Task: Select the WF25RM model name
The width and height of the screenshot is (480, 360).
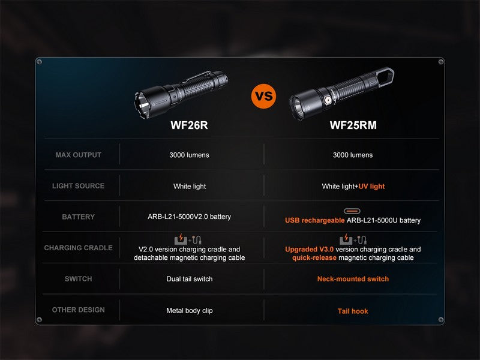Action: tap(353, 125)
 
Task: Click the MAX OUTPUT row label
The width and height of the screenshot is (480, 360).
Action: tap(78, 155)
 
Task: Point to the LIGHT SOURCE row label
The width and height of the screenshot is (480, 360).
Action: tap(78, 186)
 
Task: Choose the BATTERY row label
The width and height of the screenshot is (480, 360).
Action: tap(78, 217)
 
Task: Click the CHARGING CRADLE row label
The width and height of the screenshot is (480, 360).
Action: tap(78, 248)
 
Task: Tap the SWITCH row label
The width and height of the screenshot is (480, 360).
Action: tap(78, 279)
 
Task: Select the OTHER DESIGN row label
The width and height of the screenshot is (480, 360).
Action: tap(78, 310)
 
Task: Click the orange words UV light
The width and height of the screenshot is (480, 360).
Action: tap(371, 187)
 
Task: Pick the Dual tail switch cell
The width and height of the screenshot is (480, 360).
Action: tap(190, 279)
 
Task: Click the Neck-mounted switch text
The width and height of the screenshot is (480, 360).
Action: tap(353, 279)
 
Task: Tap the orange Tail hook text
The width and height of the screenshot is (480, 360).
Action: tap(353, 311)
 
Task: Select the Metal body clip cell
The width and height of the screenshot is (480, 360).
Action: tap(190, 311)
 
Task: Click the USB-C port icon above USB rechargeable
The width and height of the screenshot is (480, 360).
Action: tap(352, 211)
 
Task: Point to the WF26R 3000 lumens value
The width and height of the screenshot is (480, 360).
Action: tap(190, 155)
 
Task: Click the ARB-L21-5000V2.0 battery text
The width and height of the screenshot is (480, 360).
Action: tap(190, 217)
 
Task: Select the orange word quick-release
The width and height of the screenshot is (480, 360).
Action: tap(314, 258)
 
